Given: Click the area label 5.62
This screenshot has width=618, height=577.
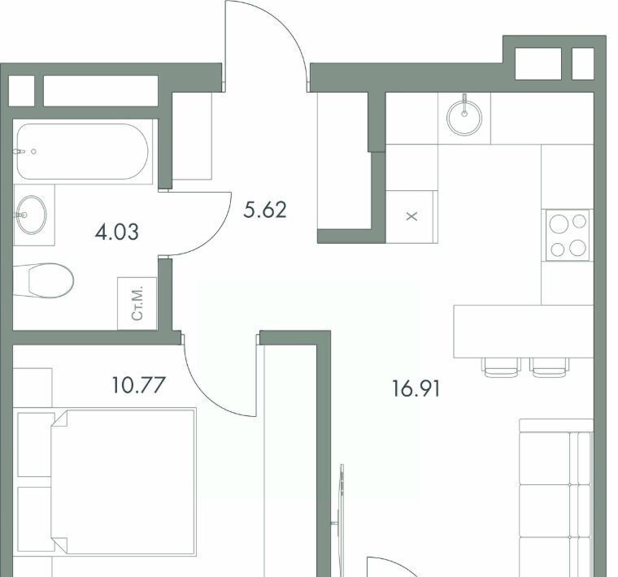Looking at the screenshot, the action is pos(265,210).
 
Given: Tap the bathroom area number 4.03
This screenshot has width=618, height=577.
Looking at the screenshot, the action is pos(116,232).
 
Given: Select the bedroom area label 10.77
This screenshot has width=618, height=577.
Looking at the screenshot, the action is pos(138,384).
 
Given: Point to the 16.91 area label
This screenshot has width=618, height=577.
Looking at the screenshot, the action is pos(416,388).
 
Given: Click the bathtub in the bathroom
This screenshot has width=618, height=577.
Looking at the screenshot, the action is pos(82,151).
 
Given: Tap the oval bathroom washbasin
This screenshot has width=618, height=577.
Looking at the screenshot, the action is pos(31,215).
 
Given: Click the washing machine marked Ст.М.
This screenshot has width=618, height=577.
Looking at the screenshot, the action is pos(137,303).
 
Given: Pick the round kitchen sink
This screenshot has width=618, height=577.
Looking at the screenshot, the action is pos(464,117).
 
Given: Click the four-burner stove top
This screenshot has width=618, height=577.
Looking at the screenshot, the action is pos(568,235).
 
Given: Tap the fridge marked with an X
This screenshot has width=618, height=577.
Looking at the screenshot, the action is pos(411,216).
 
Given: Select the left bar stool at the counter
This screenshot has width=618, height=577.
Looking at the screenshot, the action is pos(501,367).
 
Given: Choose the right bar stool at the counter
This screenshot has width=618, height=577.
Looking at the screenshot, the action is pos(549,367).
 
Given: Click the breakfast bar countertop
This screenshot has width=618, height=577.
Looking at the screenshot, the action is pos(524,332).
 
